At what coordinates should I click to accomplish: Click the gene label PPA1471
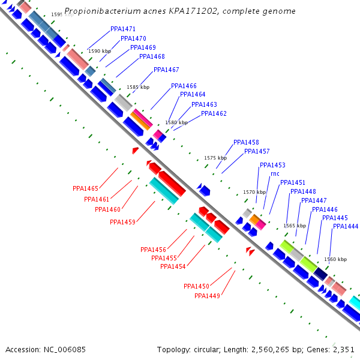click(x=123, y=29)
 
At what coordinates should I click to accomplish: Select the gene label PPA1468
click(x=152, y=57)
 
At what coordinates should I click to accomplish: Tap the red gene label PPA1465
click(x=85, y=188)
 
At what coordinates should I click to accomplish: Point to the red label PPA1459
click(x=122, y=222)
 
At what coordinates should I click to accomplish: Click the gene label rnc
click(x=275, y=174)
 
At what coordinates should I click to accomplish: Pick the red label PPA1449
click(x=207, y=296)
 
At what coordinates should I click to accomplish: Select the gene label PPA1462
click(x=214, y=113)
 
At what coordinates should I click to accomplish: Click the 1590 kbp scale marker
click(x=100, y=52)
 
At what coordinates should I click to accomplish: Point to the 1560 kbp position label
click(x=335, y=260)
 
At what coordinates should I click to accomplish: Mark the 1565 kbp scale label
click(x=295, y=226)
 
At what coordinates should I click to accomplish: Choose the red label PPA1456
click(x=153, y=250)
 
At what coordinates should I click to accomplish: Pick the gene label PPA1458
click(x=246, y=142)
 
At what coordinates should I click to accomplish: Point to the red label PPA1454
click(x=173, y=266)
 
